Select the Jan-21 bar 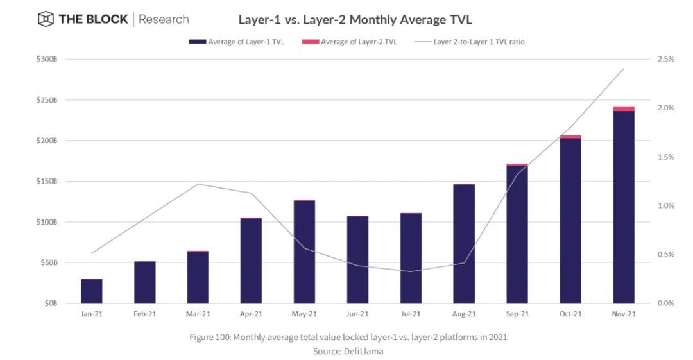(x=92, y=291)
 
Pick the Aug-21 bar (x=464, y=244)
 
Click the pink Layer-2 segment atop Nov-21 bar (x=624, y=109)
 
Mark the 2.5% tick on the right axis (x=665, y=59)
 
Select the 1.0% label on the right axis (x=665, y=205)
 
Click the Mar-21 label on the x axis (x=198, y=314)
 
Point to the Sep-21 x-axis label (x=517, y=314)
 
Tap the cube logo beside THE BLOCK (x=46, y=19)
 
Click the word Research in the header (x=164, y=19)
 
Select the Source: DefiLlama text (x=348, y=351)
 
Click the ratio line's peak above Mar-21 (x=198, y=184)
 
